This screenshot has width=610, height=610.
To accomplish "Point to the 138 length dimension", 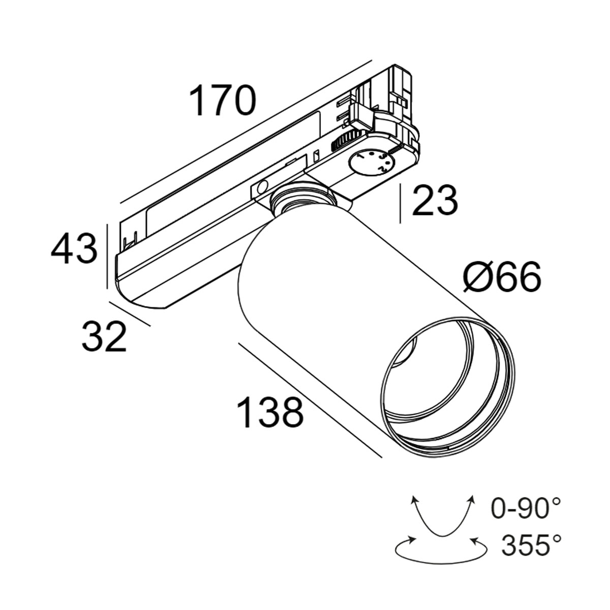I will [x=270, y=412].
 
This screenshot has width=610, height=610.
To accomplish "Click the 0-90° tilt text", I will [x=526, y=508].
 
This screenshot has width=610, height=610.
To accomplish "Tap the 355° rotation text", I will [x=531, y=546].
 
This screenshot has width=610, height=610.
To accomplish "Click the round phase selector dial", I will [x=372, y=162].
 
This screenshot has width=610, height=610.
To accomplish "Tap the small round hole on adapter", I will [x=262, y=187].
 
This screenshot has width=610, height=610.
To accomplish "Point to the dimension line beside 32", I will [x=130, y=314].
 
